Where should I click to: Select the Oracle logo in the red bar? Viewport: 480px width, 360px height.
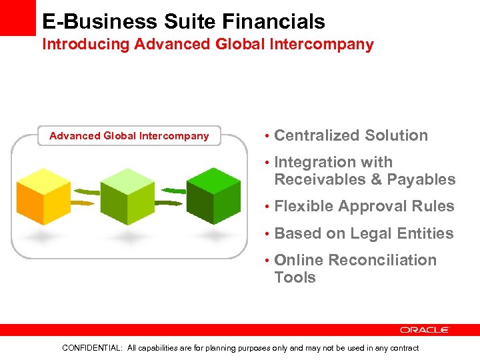(425, 330)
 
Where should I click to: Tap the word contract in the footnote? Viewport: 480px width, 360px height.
(402, 348)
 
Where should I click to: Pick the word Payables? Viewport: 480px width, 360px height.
(421, 179)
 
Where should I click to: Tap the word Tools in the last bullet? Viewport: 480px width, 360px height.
(295, 277)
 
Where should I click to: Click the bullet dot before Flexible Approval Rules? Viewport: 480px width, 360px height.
(266, 207)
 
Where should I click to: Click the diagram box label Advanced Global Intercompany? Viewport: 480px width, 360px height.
(129, 136)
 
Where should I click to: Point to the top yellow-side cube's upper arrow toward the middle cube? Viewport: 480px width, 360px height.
(83, 189)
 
